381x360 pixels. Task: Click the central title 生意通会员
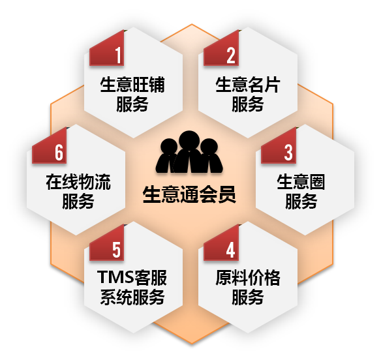[x=189, y=194]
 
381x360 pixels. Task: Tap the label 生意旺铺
[x=132, y=85]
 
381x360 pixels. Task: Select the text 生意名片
[x=248, y=85]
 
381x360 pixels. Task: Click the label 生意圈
[x=301, y=182]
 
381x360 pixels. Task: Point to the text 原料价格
[x=248, y=278]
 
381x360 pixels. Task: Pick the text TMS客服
[x=132, y=278]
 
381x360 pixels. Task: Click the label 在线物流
[x=78, y=182]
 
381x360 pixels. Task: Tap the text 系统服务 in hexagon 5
[x=132, y=297]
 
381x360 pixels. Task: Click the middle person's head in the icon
[x=189, y=141]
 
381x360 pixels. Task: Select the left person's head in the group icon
[x=169, y=147]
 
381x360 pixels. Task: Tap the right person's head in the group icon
[x=209, y=147]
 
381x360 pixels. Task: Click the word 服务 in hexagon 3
[x=301, y=201]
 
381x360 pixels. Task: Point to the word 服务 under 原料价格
[x=248, y=297]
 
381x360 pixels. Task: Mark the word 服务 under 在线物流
[x=78, y=201]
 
